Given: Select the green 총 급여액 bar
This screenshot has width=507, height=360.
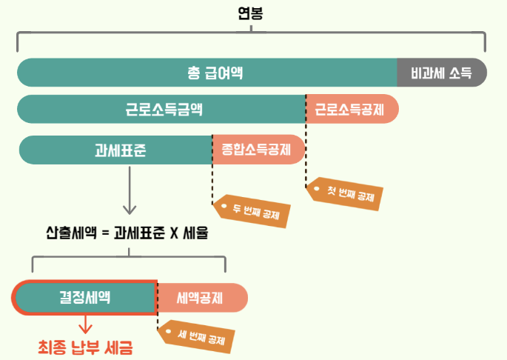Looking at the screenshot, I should tap(215, 73).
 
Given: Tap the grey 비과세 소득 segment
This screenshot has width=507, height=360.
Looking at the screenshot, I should tap(442, 73).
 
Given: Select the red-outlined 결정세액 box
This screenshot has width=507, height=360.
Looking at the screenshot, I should tap(84, 297).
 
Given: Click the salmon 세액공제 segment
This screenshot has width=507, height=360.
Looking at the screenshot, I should tap(200, 298).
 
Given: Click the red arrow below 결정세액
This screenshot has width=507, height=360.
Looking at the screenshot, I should tap(86, 324).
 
